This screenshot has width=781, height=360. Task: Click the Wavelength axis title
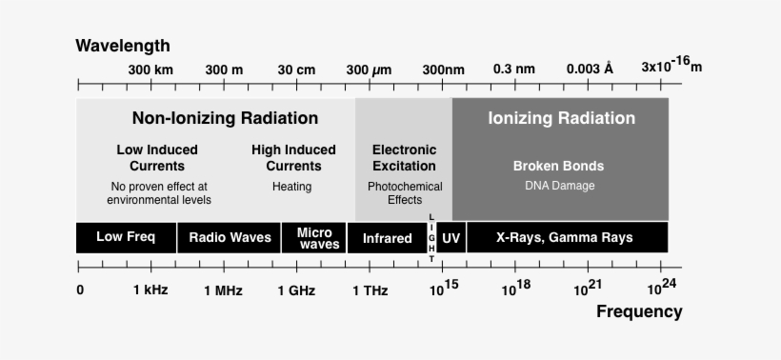coord(123,46)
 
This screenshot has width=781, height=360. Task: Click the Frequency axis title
coord(639,311)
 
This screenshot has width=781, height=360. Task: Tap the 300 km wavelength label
coord(150,70)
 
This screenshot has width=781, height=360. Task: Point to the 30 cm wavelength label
coord(296,70)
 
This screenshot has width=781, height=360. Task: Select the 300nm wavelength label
coord(444,70)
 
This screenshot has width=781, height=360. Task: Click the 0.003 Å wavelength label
coord(590,70)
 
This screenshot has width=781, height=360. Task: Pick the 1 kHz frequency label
coord(150,290)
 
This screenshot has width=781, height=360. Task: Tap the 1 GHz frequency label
coord(296,290)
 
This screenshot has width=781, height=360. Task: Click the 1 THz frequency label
coord(370,290)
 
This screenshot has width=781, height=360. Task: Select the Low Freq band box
coord(126,237)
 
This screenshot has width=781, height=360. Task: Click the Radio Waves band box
coord(230,237)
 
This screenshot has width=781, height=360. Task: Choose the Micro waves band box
coord(314,237)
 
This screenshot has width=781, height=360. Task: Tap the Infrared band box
coord(387,238)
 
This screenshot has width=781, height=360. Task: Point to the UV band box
coord(451,238)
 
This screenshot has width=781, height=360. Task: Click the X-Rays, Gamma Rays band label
coord(565,237)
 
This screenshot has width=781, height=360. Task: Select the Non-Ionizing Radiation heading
coord(225,119)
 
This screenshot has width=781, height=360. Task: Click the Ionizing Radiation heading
coord(561,119)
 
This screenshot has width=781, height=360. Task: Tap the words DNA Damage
coord(559,186)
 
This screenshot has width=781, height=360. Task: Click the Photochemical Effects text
coord(405,193)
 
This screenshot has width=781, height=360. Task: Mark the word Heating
coord(292,187)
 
